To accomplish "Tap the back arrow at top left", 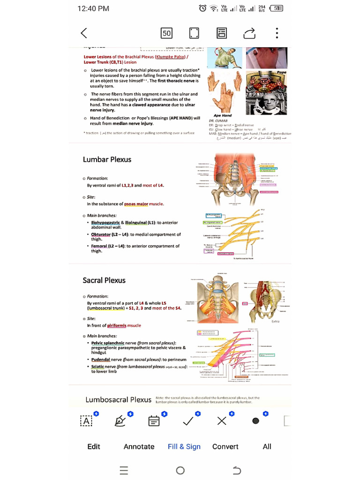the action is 84,33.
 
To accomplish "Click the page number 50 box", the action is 166,33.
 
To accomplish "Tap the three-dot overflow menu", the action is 277,33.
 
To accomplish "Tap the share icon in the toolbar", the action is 250,33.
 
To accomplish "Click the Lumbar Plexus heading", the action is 107,159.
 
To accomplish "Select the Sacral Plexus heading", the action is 104,280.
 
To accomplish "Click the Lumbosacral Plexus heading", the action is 118,399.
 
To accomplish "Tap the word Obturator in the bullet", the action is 101,234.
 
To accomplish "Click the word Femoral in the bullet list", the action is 99,246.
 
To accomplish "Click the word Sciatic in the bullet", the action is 97,367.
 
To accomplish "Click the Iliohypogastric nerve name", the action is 105,223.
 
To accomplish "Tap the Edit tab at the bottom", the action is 94,446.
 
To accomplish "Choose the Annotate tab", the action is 139,446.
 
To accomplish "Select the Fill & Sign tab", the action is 184,446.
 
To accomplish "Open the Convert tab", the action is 225,446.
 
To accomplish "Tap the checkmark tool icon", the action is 188,421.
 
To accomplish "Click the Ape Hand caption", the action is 223,115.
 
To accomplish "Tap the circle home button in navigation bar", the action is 180,470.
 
